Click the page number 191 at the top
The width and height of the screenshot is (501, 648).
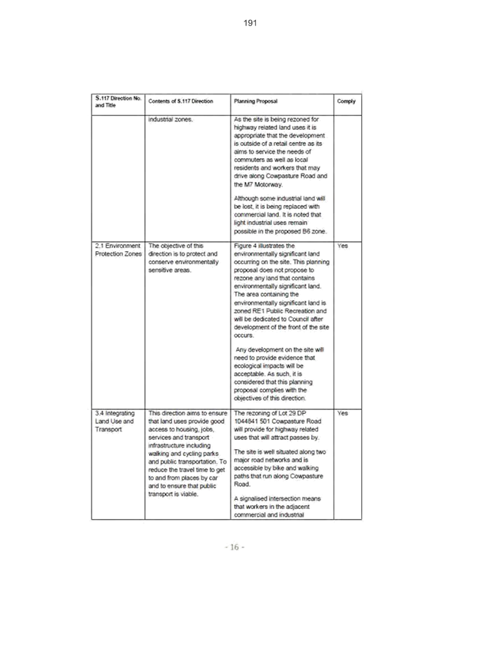click(x=250, y=23)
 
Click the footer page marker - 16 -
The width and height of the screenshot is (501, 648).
click(x=234, y=547)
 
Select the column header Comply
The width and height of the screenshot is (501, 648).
click(x=347, y=101)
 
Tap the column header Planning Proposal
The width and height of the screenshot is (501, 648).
click(x=256, y=101)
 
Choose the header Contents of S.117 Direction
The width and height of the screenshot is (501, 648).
click(x=181, y=101)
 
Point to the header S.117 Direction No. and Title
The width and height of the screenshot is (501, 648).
click(x=118, y=101)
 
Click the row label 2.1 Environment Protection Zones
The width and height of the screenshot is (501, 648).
click(x=118, y=250)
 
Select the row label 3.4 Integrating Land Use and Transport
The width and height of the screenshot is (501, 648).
click(x=115, y=421)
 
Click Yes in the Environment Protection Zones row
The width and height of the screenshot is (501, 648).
click(x=343, y=246)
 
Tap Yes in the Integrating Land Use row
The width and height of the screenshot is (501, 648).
click(x=343, y=413)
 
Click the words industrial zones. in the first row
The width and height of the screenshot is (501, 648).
click(x=171, y=120)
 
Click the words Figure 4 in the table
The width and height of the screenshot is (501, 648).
click(x=245, y=246)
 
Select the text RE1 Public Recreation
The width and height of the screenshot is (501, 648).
click(x=296, y=311)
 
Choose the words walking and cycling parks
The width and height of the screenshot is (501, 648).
click(x=184, y=454)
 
